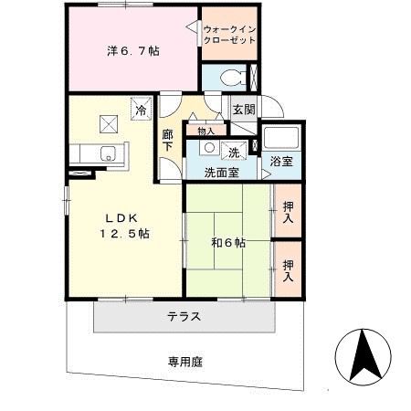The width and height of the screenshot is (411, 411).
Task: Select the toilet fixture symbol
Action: pos(229,78)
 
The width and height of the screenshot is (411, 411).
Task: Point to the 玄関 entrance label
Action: pos(243,109)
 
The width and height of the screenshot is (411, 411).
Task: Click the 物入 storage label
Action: pos(206,131)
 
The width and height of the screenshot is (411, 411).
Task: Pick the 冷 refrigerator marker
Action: pos(141,110)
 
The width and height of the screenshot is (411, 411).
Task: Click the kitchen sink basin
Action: pos(107,153)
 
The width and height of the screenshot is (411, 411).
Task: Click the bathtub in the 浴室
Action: pos(286,139)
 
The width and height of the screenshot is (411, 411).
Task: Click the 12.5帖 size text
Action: pos(126,234)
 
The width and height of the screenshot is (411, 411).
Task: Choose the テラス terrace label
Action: pos(184,317)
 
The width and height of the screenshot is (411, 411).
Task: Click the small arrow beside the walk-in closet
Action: pos(193,30)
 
